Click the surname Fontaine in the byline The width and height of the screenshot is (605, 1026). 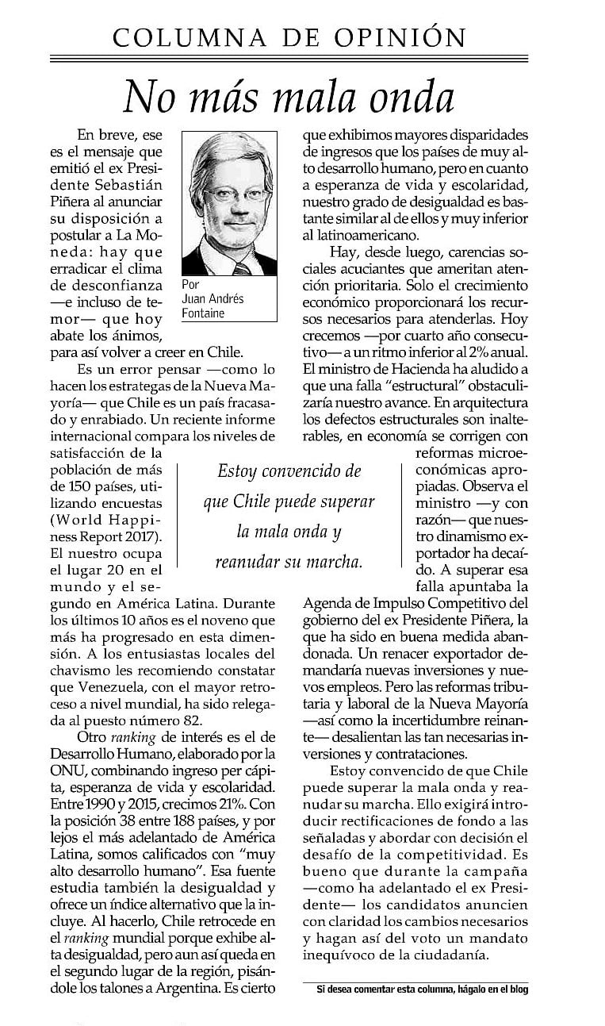[204, 313]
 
